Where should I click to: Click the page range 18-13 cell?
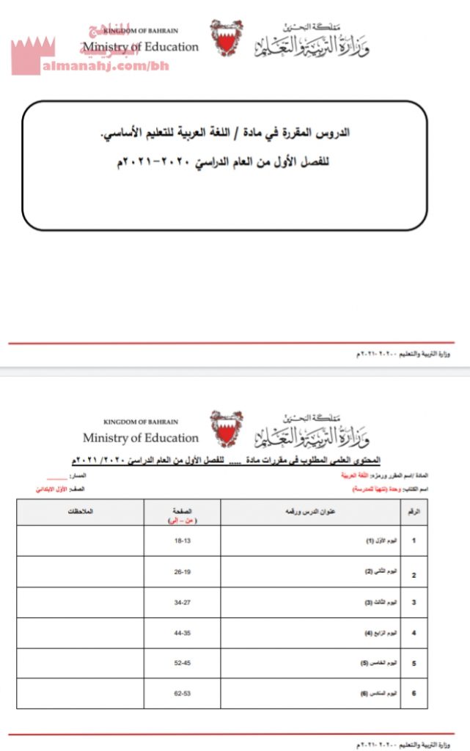[182, 541]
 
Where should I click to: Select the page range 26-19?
[182, 571]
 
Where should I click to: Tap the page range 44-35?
[182, 632]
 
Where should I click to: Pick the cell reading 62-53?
[182, 693]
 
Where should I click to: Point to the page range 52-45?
[182, 663]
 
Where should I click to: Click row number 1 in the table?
[414, 541]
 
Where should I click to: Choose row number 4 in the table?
[414, 632]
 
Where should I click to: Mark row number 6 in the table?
[414, 693]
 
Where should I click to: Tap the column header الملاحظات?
[80, 510]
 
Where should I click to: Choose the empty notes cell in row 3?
[80, 602]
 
